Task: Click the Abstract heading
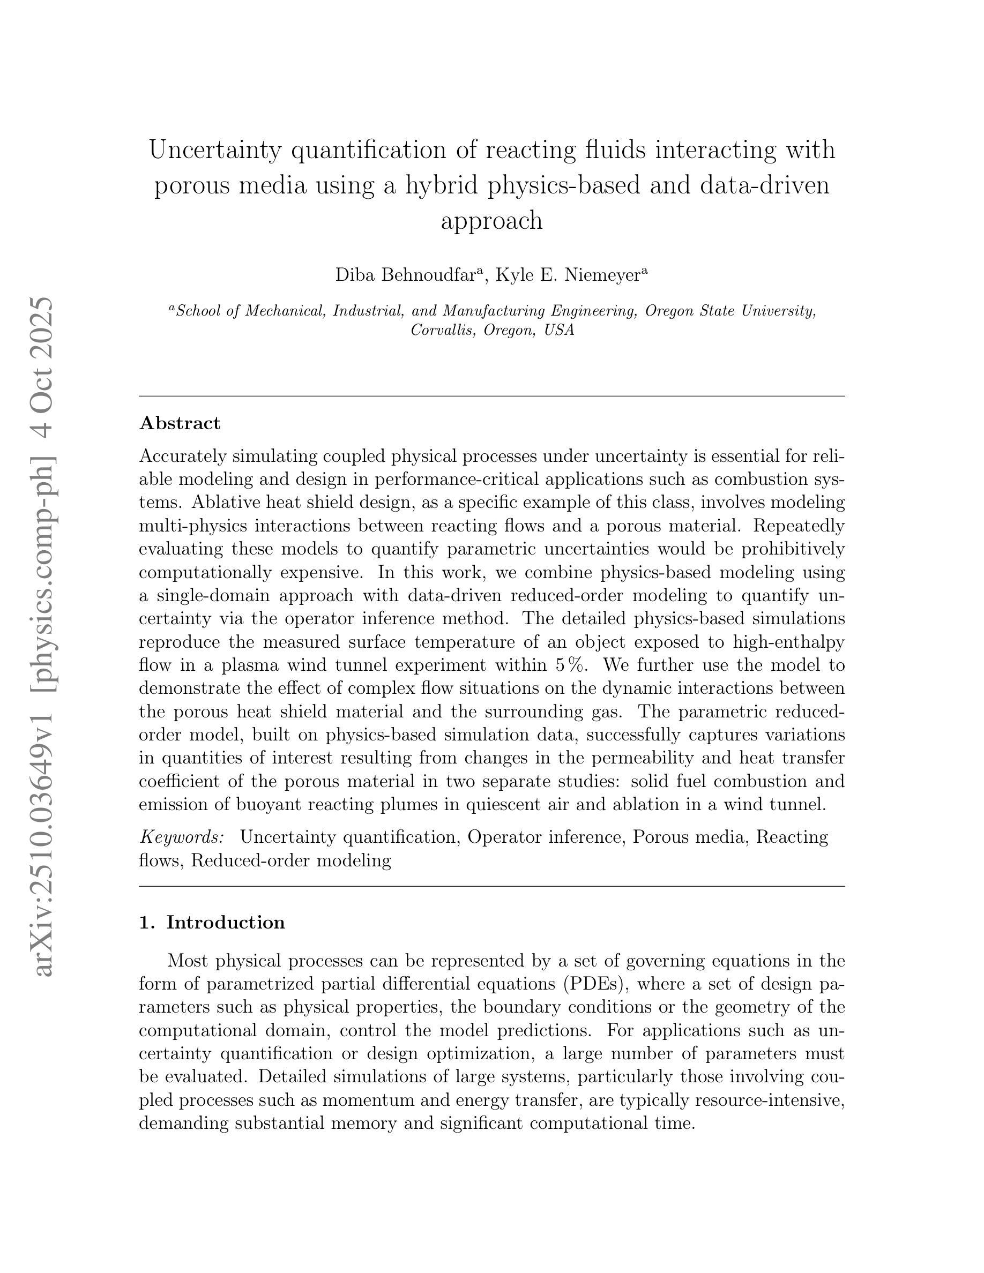point(180,423)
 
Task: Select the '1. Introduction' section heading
point(212,923)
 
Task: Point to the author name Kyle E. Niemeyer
point(568,274)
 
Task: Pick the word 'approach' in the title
point(491,220)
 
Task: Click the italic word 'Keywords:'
point(182,837)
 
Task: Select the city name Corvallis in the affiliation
point(443,330)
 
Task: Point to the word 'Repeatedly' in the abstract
point(799,526)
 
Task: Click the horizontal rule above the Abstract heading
point(491,396)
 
